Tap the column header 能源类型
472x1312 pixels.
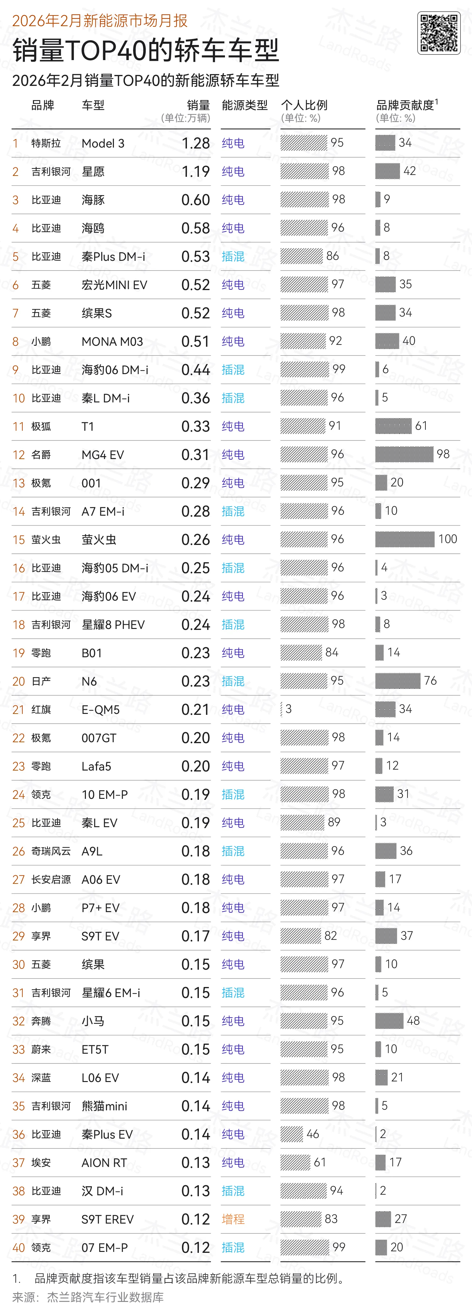pyautogui.click(x=244, y=105)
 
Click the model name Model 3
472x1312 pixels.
pyautogui.click(x=103, y=143)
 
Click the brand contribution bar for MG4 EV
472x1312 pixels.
pyautogui.click(x=404, y=454)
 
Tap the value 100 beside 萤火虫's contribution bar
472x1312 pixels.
pyautogui.click(x=447, y=539)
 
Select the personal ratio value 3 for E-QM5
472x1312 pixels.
pyautogui.click(x=289, y=709)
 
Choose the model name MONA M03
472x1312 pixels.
pyautogui.click(x=112, y=342)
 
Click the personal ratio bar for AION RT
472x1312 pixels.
pyautogui.click(x=295, y=1162)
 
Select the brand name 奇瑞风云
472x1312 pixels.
pyautogui.click(x=51, y=851)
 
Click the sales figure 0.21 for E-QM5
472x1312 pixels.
pyautogui.click(x=195, y=709)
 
